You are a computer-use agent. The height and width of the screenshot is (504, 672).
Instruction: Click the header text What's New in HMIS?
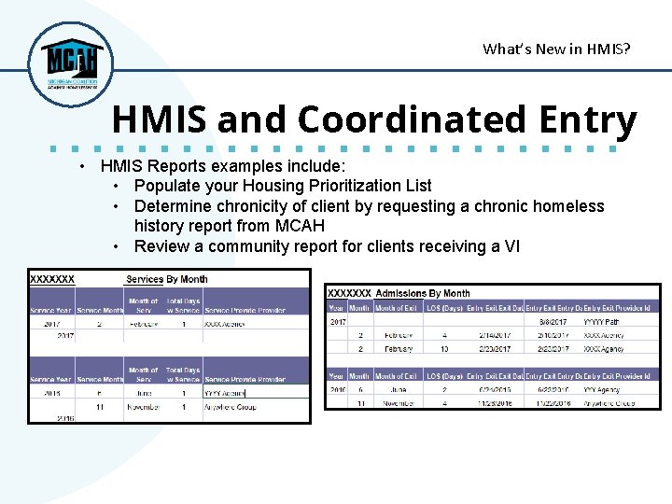click(556, 49)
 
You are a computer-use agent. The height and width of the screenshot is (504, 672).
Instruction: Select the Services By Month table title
click(167, 279)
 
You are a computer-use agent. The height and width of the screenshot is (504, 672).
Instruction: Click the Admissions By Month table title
click(422, 293)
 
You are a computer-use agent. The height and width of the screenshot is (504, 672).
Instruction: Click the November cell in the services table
click(143, 407)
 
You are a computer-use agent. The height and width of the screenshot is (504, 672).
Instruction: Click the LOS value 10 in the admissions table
click(444, 349)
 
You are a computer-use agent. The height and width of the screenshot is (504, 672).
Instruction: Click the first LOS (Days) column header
click(443, 308)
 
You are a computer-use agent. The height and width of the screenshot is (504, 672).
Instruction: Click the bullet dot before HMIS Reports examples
click(84, 166)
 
